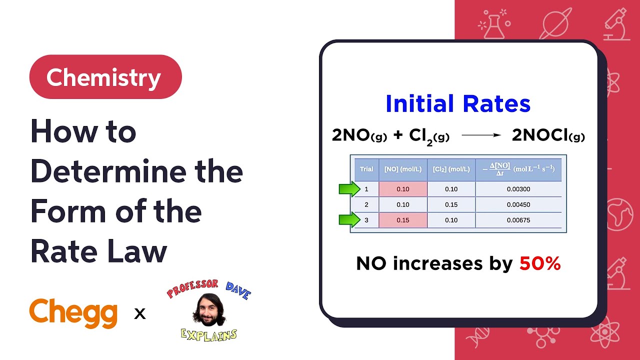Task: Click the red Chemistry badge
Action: [105, 77]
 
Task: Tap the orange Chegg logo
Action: [73, 312]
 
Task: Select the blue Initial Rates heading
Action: [457, 104]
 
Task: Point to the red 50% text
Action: [540, 263]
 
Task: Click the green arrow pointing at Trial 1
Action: [349, 189]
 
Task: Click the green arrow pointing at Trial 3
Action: [349, 220]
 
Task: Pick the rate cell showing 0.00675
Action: [518, 220]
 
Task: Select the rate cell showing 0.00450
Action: [518, 204]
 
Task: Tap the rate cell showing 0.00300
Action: [518, 189]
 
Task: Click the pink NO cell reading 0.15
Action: [402, 220]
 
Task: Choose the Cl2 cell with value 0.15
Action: [451, 204]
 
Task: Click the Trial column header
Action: [366, 169]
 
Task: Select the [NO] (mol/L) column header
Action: [402, 169]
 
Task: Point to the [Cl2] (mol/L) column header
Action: [451, 169]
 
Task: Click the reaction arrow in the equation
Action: [481, 135]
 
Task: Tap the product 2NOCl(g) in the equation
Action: [548, 135]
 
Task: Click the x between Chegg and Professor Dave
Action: [140, 314]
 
